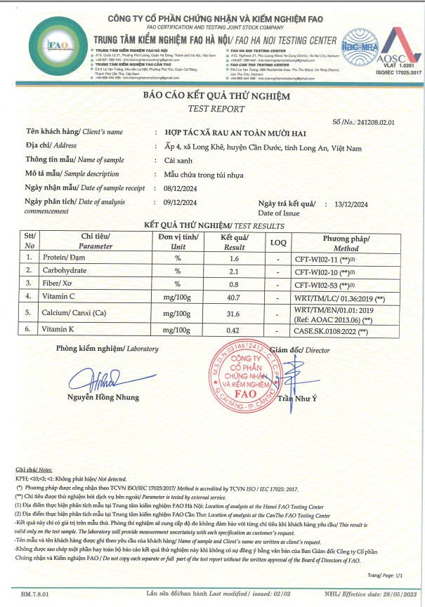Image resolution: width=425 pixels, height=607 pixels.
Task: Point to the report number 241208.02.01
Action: click(378, 121)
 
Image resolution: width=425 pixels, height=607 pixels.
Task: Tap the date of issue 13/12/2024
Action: click(352, 204)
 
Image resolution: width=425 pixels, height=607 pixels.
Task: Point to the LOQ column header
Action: click(278, 242)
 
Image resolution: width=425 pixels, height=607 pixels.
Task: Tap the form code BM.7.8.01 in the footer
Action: click(36, 594)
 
